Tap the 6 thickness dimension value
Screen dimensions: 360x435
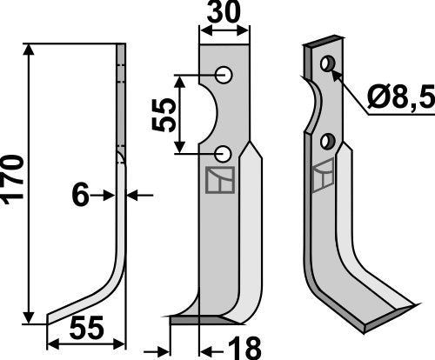80,197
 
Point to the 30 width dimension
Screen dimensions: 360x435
224,15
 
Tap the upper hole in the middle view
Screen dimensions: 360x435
224,75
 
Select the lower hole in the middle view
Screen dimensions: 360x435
224,154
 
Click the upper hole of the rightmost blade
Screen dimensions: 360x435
328,64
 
